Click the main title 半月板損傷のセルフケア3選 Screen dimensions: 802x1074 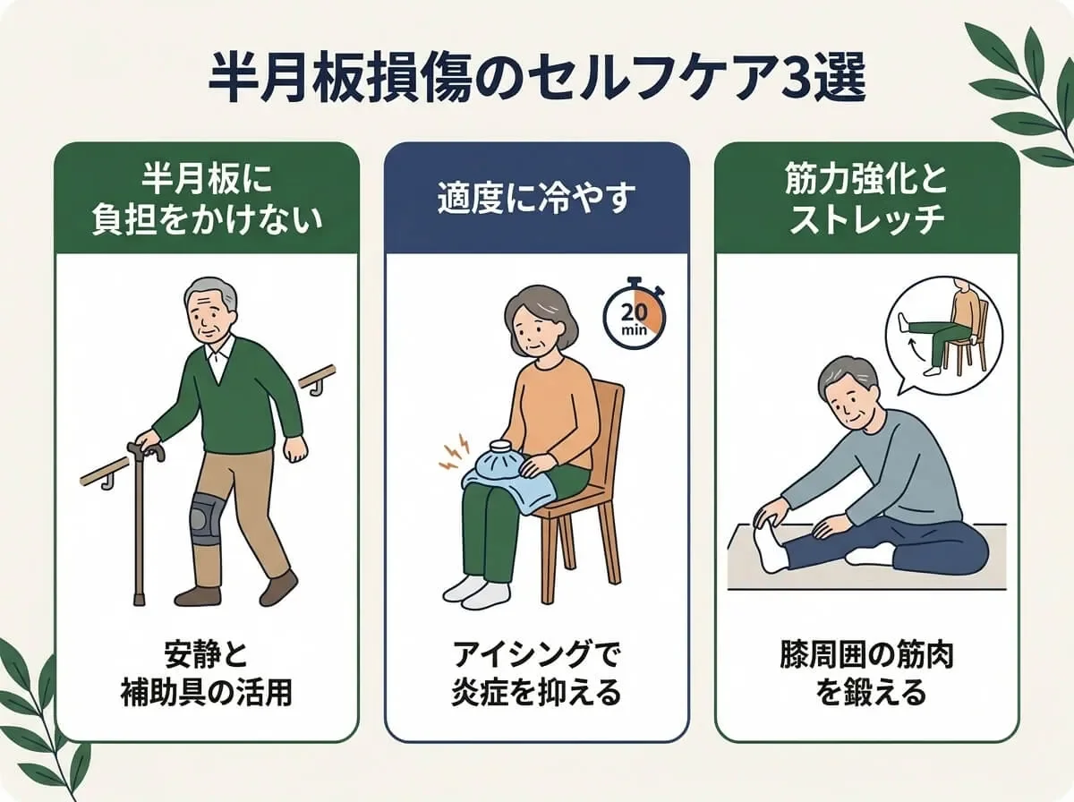click(x=537, y=80)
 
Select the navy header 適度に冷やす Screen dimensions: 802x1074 click(x=536, y=200)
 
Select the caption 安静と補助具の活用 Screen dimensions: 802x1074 click(x=207, y=675)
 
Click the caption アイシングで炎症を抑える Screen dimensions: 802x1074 click(x=536, y=675)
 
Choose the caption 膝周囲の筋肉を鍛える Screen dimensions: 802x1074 click(x=867, y=675)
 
